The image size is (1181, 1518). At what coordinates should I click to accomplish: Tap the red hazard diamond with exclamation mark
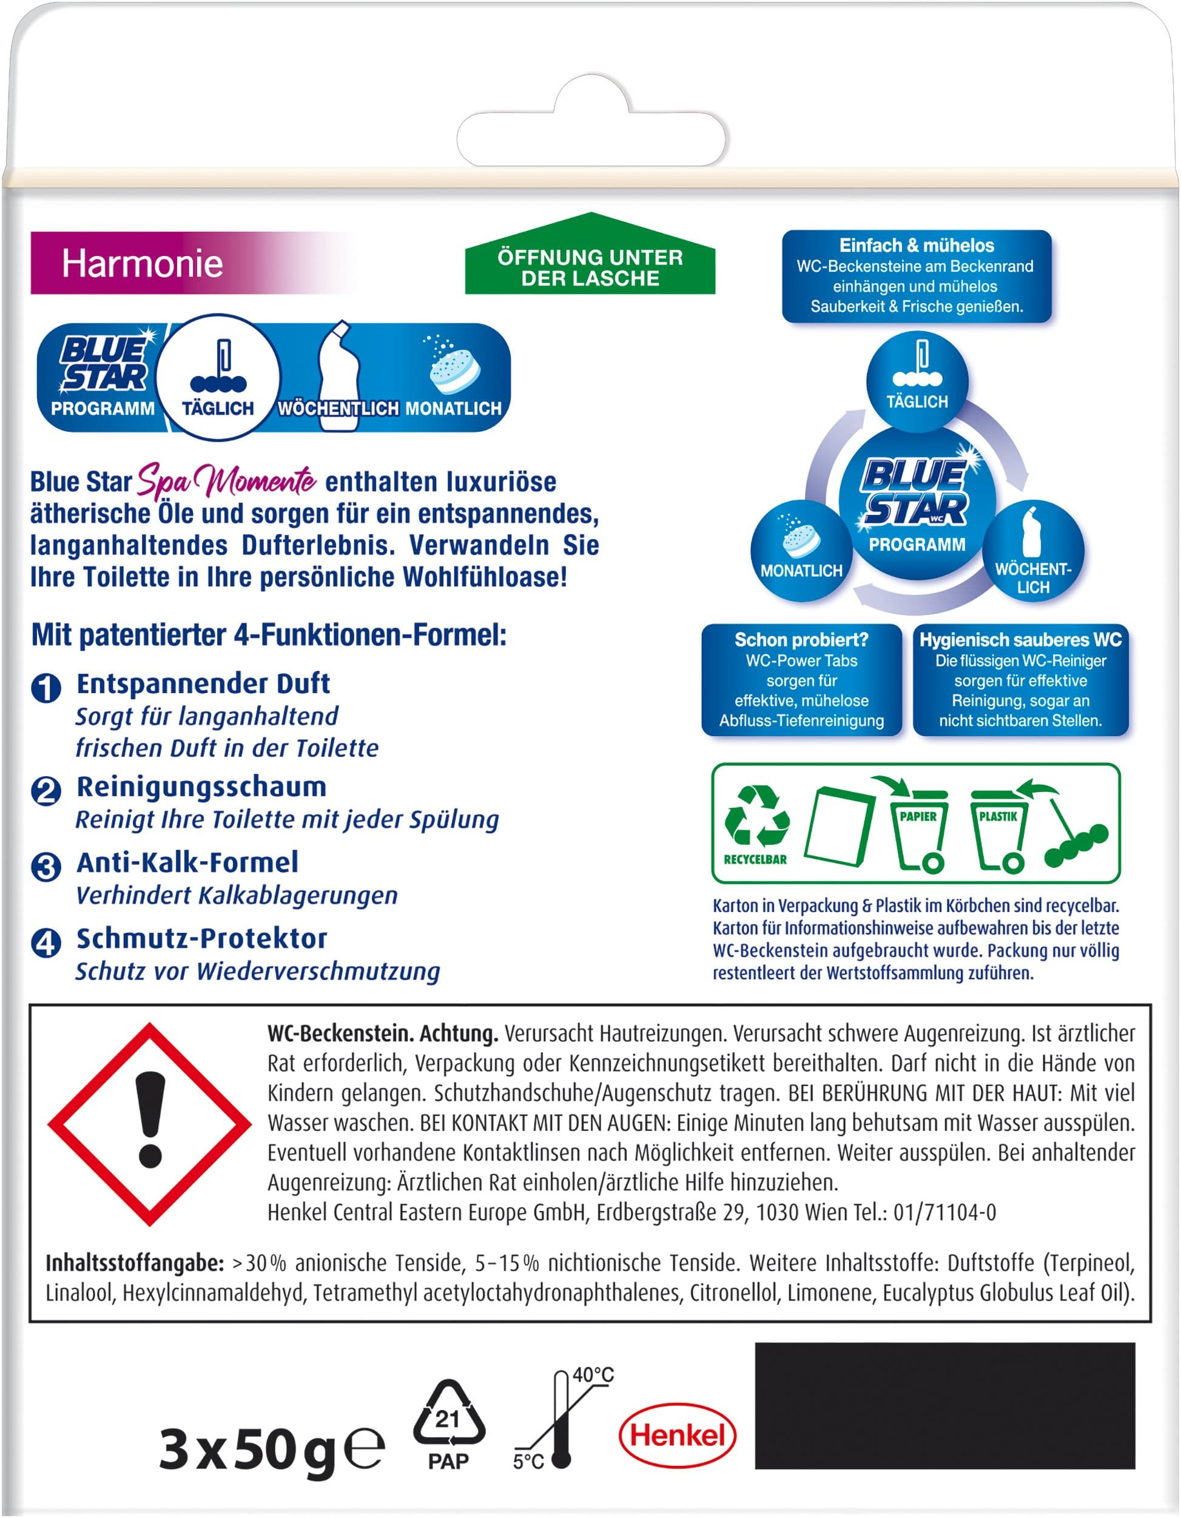(149, 1124)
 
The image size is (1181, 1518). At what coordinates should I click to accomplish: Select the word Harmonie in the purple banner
(143, 263)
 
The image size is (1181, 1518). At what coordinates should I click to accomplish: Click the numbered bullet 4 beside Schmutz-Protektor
(47, 942)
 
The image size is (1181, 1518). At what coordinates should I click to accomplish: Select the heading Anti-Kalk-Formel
(187, 862)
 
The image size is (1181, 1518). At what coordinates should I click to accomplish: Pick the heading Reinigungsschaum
(201, 787)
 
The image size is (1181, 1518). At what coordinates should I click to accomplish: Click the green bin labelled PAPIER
(919, 829)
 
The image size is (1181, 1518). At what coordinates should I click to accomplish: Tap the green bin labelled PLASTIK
(999, 829)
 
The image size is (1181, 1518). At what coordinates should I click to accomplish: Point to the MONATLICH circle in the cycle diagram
(801, 551)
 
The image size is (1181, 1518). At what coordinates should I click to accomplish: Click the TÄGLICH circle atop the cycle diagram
(917, 380)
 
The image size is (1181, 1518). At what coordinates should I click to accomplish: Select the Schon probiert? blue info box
(801, 679)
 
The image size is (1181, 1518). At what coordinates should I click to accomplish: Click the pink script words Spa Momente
(227, 480)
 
